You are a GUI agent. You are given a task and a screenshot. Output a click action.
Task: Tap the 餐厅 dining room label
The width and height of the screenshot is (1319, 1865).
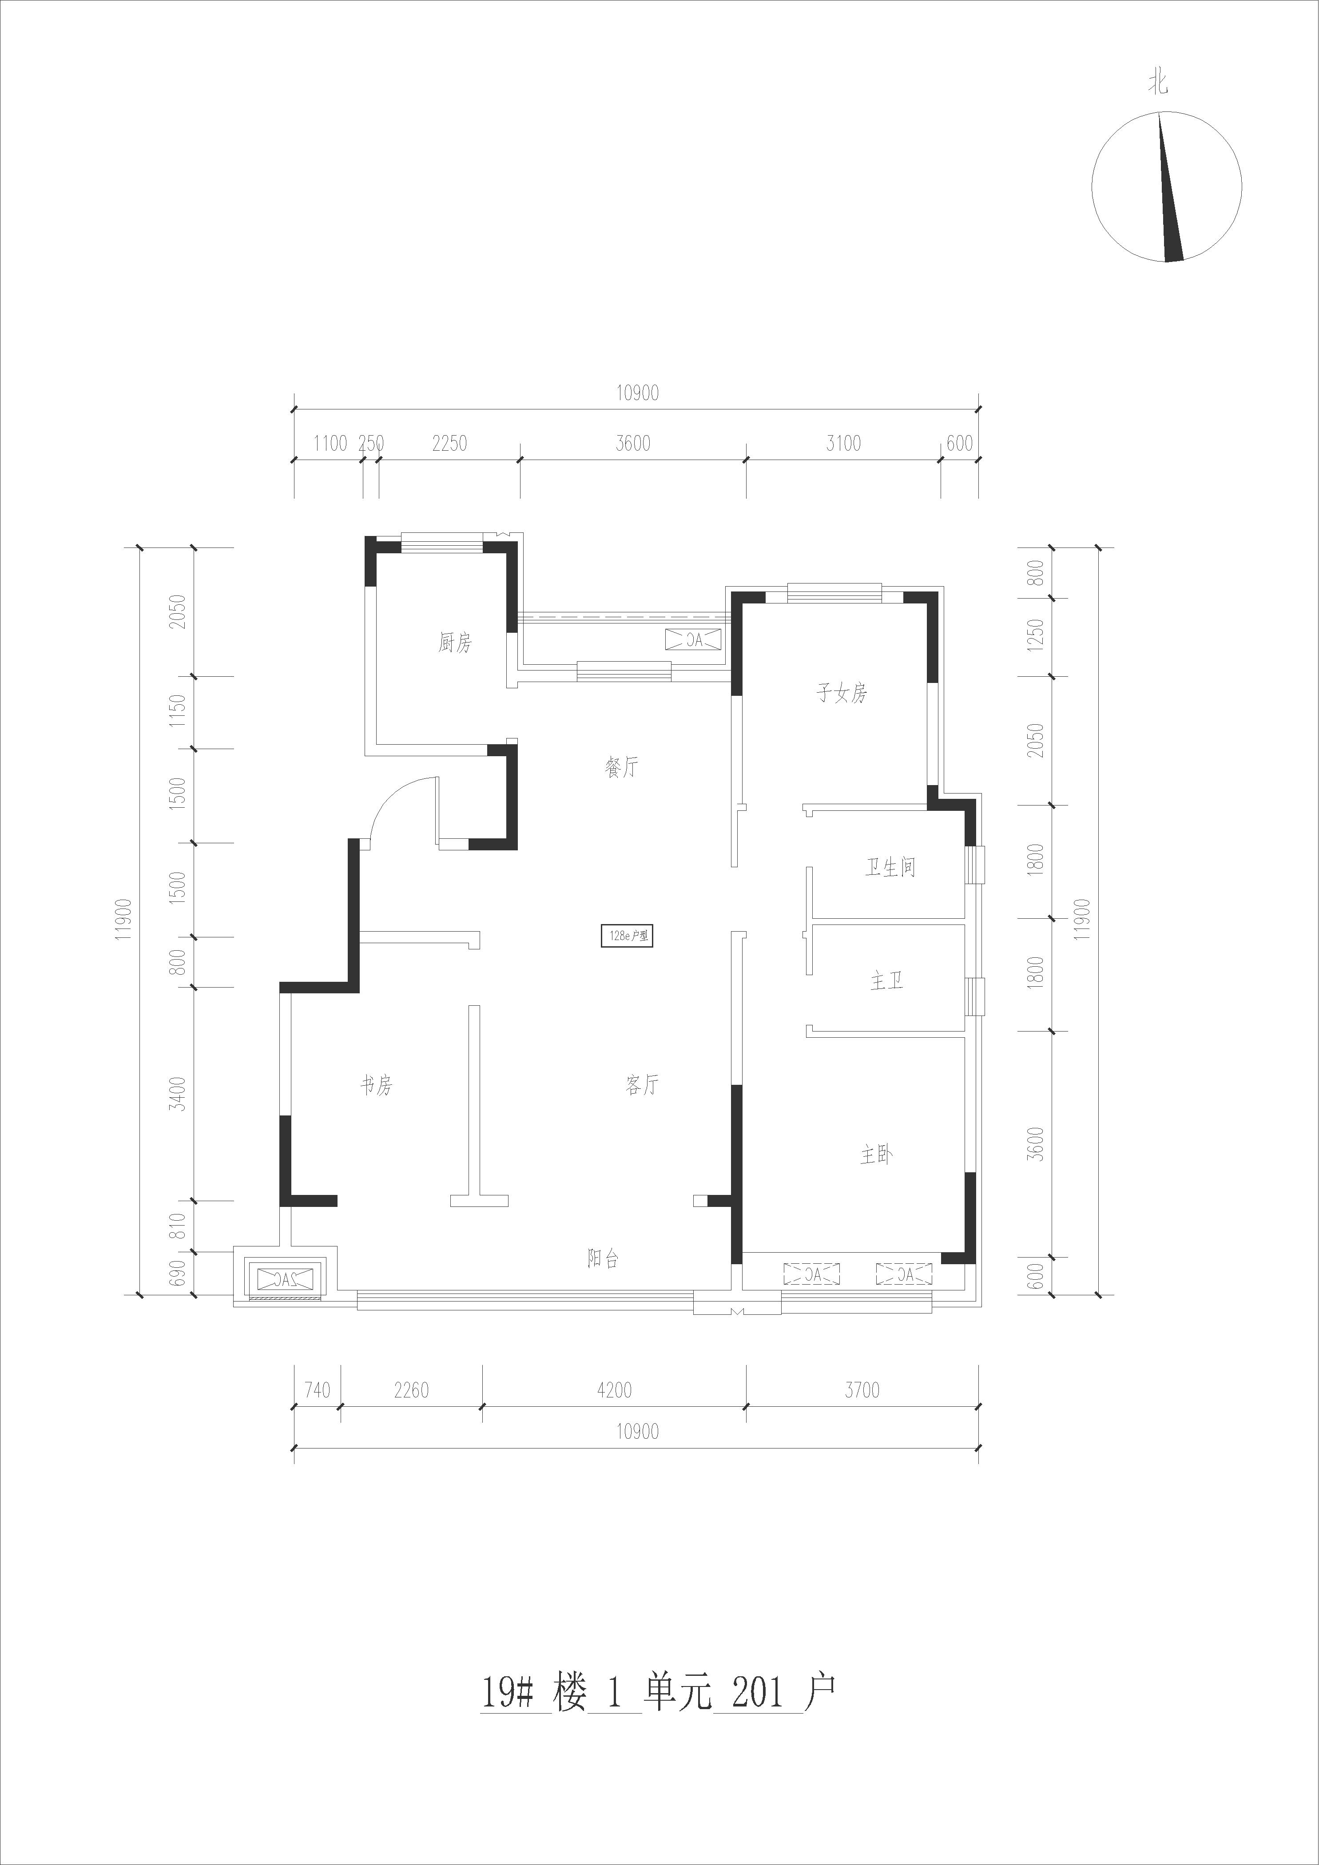point(622,767)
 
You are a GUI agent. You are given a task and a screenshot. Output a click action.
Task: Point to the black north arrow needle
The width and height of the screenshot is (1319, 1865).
point(1169,188)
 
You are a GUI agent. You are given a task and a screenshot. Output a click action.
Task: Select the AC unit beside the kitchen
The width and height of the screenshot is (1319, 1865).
point(693,639)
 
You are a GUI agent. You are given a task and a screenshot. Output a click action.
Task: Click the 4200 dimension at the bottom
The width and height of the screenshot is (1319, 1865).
point(614,1390)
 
